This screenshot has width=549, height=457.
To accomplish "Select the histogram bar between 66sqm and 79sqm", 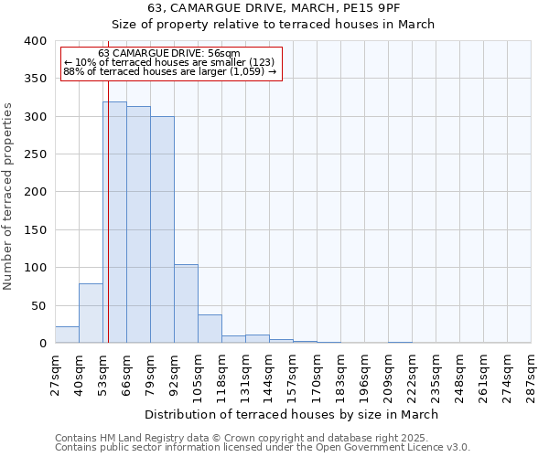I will click(x=138, y=225).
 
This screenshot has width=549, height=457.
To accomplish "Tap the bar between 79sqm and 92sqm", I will click(x=162, y=229).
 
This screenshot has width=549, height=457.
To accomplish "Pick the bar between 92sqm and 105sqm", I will click(x=186, y=303).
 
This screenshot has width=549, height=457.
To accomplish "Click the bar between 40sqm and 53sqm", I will click(x=91, y=314).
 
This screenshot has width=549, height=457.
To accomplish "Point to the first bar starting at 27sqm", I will click(x=67, y=335).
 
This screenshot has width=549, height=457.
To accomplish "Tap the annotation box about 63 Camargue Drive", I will click(x=171, y=62).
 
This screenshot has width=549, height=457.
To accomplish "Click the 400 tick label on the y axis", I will click(x=36, y=41).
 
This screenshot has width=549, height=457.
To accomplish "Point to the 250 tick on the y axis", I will click(x=36, y=154).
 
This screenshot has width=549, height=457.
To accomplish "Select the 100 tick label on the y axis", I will click(x=36, y=268).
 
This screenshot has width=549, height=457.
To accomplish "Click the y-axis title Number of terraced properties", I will click(x=8, y=197).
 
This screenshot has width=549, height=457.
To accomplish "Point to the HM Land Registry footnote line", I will click(x=242, y=438).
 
